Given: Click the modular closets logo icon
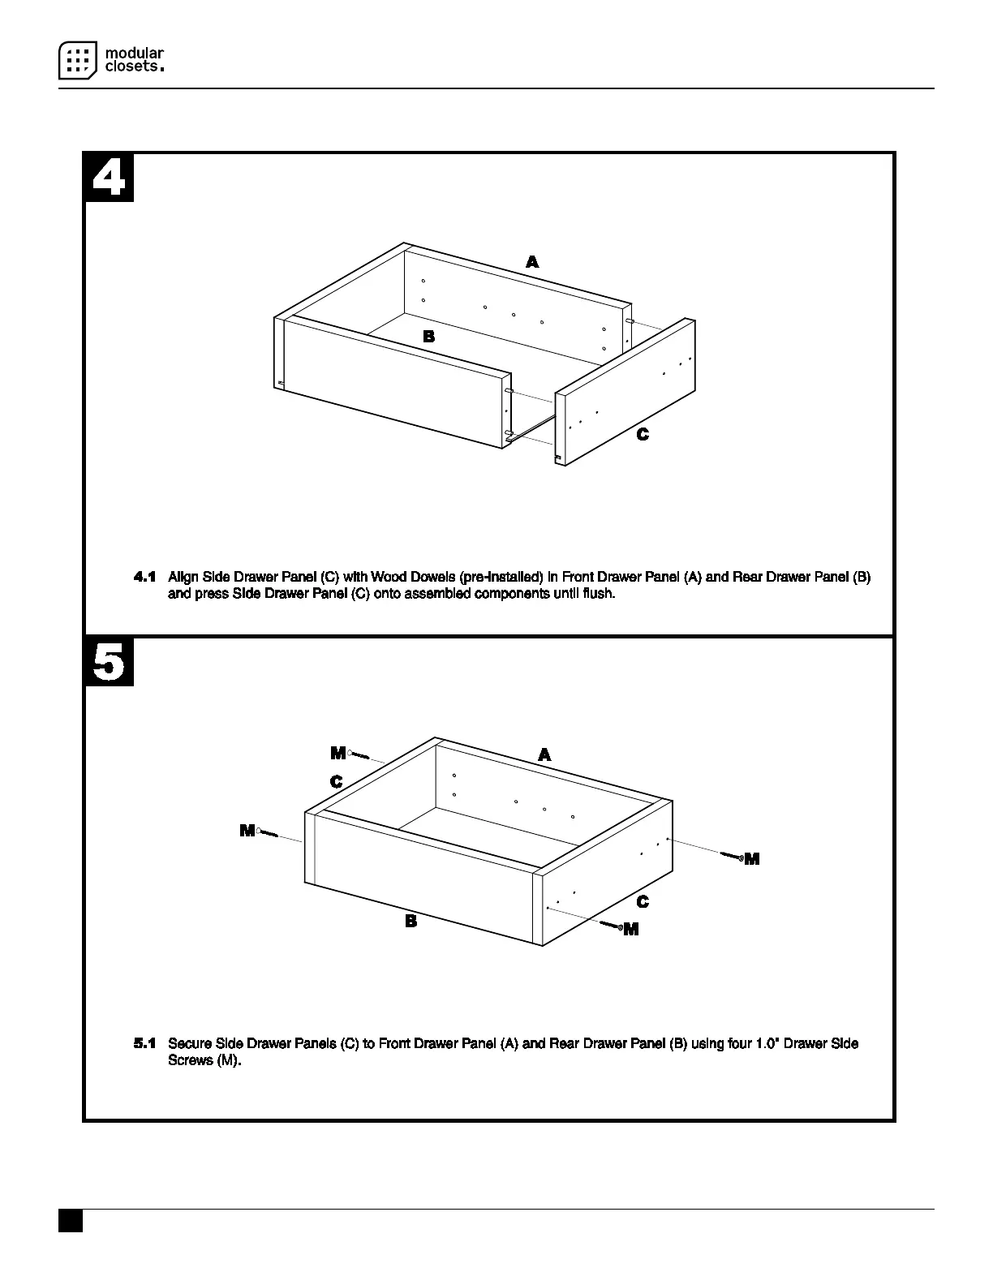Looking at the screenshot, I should coord(78,61).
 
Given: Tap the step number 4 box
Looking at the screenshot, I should coord(110,178).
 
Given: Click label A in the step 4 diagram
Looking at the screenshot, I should coord(532,262).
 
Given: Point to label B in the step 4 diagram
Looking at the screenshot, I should coord(429,337).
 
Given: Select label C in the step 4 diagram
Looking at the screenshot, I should coord(643,435).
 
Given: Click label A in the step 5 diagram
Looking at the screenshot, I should coord(544,755).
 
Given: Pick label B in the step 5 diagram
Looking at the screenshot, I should coord(411,921).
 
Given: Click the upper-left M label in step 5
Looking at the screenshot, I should coord(337,754).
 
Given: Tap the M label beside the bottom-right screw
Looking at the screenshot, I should coord(631,930).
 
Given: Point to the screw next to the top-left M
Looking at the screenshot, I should coord(359,756).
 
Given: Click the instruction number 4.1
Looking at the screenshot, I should coord(144,578).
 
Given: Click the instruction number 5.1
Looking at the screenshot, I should coord(144,1043).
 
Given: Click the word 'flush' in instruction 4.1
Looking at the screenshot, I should coord(599,594).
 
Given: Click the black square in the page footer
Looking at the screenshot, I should coord(71,1221).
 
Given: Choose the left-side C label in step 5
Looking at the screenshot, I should coord(336,782).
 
